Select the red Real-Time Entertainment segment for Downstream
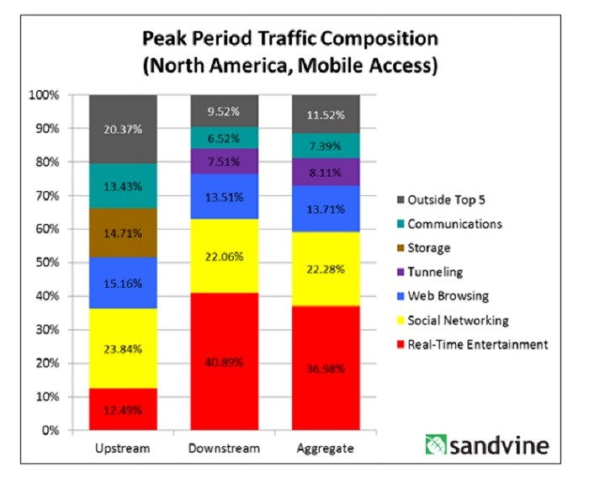click(x=224, y=362)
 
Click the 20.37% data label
click(x=123, y=129)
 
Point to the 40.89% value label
click(x=224, y=363)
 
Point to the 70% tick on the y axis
click(x=70, y=195)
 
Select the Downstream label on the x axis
click(x=224, y=449)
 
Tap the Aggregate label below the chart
click(x=325, y=449)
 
